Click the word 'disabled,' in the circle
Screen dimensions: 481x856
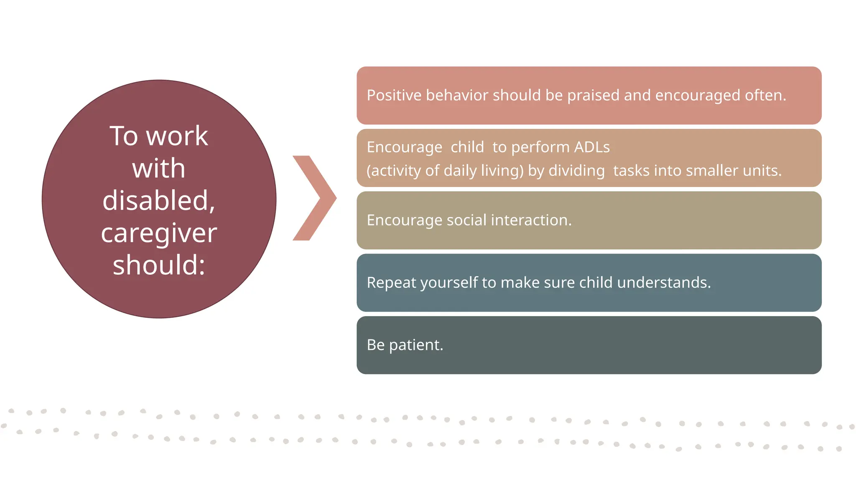pos(159,201)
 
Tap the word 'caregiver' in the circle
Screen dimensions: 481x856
pos(159,233)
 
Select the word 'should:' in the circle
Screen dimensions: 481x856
pos(159,265)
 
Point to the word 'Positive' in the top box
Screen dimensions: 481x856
pos(394,95)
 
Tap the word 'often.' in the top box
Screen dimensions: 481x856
pos(765,95)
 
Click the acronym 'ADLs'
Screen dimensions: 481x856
pos(591,147)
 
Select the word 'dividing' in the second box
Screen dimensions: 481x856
pos(576,171)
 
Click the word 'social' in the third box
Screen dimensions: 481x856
pos(466,220)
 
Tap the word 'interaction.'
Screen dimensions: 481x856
pos(531,220)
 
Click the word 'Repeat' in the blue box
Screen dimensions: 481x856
pos(391,283)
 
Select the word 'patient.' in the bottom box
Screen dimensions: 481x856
pos(416,345)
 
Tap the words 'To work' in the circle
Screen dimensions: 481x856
pos(159,136)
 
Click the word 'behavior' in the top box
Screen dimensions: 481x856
pos(457,95)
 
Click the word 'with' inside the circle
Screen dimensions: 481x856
pos(159,168)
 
